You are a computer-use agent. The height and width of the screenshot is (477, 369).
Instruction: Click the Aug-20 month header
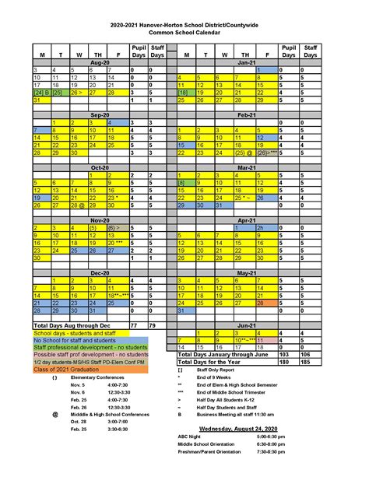pos(100,61)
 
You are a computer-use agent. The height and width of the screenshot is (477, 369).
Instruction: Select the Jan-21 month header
pos(246,61)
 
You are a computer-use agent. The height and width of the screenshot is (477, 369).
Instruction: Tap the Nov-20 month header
pos(100,219)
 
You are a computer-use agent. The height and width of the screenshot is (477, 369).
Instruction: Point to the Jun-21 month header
pos(246,324)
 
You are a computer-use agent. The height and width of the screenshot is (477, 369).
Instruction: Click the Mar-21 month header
pos(246,167)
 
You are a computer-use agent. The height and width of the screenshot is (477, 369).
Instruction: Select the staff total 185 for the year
pos(311,360)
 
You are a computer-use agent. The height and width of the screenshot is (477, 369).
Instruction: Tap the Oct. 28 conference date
pos(77,443)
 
